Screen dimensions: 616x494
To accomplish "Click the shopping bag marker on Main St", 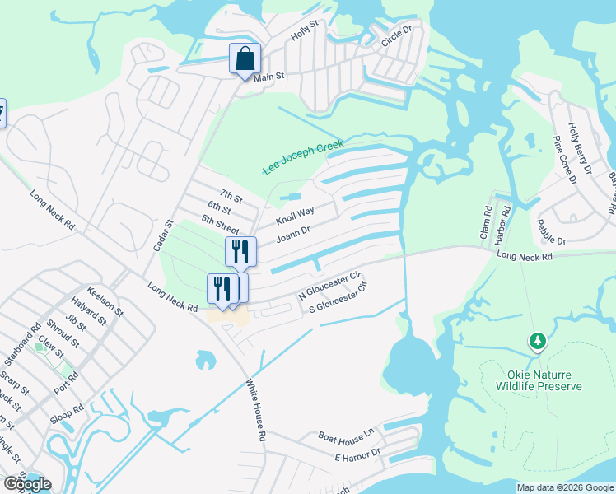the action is pos(245,59).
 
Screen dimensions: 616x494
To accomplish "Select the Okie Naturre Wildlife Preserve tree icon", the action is pos(538,341).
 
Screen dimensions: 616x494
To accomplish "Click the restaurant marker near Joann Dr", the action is pos(240,252).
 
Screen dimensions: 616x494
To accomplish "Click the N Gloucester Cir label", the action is pos(330,284).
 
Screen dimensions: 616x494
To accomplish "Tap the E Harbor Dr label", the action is pos(357,454).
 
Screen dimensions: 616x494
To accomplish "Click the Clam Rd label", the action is pos(488,223).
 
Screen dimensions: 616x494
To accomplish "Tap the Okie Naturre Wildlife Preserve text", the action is pos(539,380).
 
